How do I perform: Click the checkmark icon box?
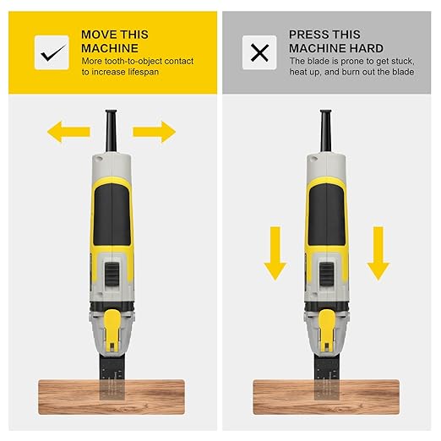click(52, 52)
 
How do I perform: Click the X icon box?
click(259, 52)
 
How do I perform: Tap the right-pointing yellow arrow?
click(154, 131)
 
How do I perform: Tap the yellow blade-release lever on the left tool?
click(112, 324)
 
